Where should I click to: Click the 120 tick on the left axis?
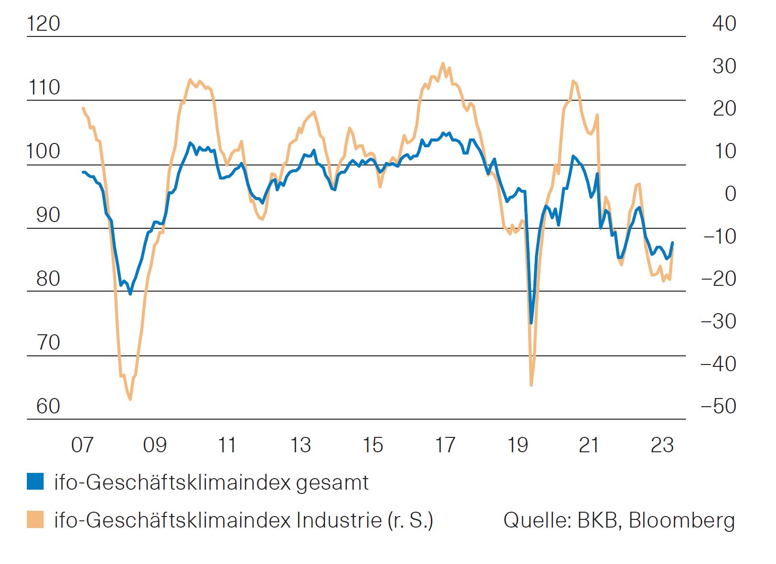tap(44, 23)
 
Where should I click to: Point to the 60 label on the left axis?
tap(48, 406)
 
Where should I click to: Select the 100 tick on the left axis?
tap(44, 151)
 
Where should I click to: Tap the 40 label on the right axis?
tap(724, 23)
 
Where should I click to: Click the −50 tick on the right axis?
tap(718, 406)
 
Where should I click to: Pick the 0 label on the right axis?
tap(730, 194)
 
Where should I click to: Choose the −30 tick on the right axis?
tap(718, 321)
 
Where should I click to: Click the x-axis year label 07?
tap(82, 445)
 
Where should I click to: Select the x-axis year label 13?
tap(300, 445)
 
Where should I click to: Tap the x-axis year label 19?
tap(518, 445)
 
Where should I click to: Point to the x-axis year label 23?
tap(662, 445)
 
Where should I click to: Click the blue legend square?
tap(35, 481)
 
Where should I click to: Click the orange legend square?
tap(35, 519)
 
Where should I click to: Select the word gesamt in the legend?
tap(332, 483)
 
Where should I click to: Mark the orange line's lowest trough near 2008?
tap(130, 399)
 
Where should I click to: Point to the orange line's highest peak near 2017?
tap(442, 63)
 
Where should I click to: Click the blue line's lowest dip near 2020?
tap(531, 323)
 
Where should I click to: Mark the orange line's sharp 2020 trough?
tap(531, 385)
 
